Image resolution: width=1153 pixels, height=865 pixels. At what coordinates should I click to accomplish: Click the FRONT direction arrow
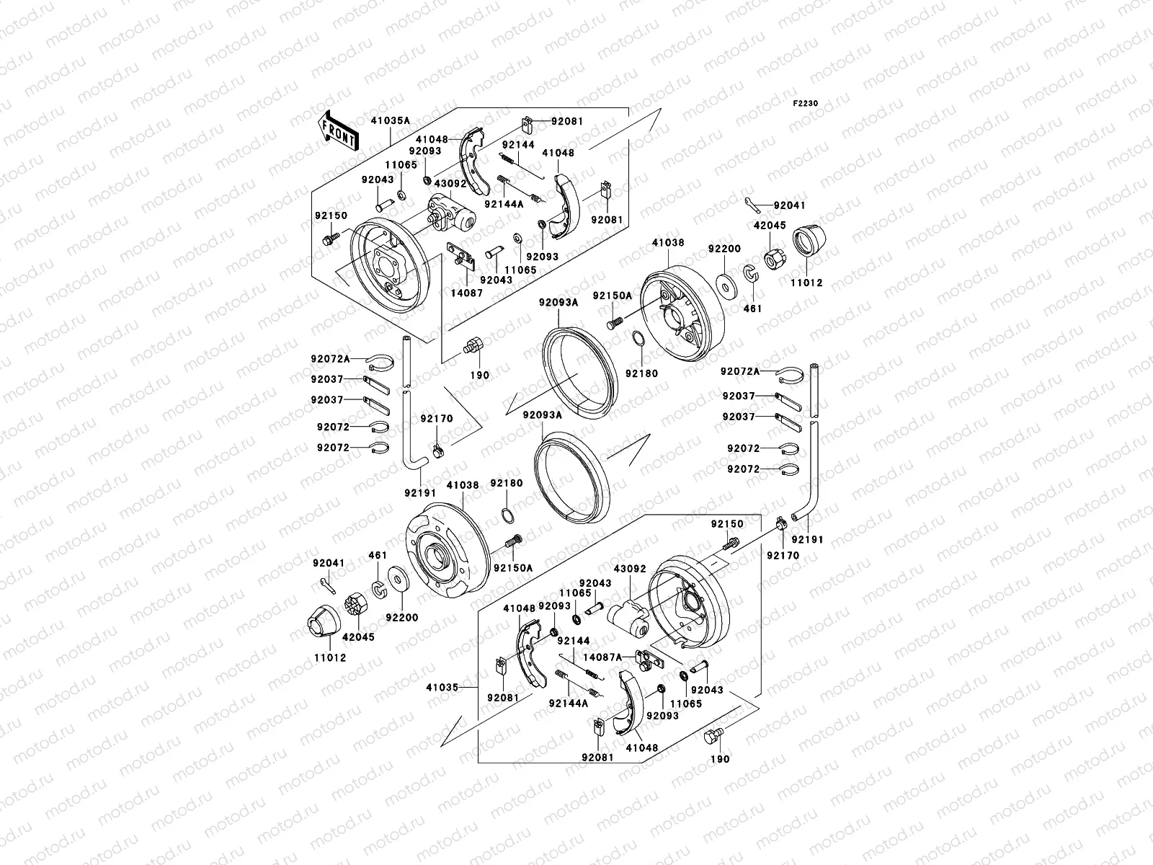tap(339, 130)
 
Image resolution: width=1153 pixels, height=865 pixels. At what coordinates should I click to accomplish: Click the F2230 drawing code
tap(806, 104)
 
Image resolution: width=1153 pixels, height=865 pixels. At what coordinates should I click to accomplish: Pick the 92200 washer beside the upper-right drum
tap(725, 283)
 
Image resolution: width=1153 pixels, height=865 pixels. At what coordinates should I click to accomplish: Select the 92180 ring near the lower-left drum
tap(507, 515)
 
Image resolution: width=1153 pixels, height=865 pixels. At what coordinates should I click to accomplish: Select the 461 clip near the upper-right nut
tap(750, 275)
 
